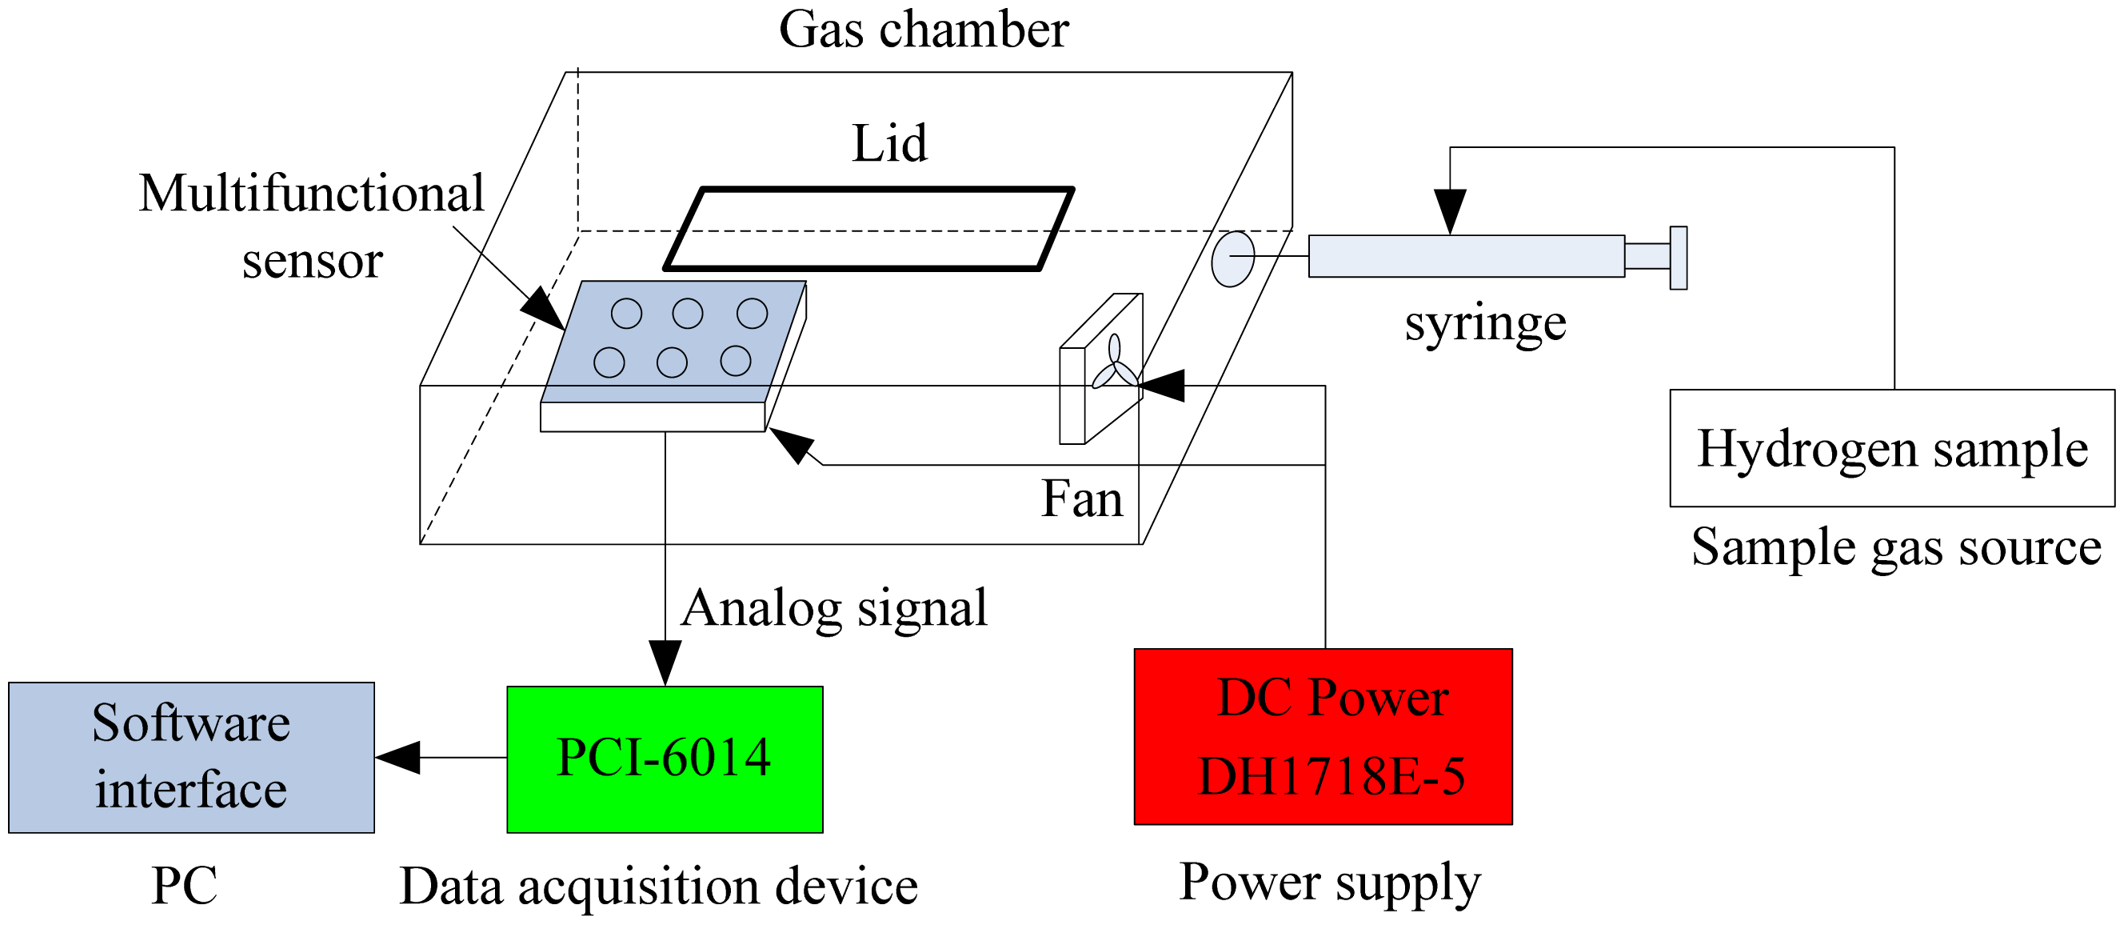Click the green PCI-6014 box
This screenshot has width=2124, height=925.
point(664,759)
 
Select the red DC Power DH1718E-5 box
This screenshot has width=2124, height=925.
point(1323,737)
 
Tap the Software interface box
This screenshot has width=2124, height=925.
point(191,758)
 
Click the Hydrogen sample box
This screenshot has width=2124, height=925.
point(1891,448)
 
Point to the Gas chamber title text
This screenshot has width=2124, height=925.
point(924,30)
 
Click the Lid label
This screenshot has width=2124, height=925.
point(888,143)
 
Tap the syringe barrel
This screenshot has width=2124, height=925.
point(1466,256)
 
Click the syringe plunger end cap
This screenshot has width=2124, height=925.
point(1678,258)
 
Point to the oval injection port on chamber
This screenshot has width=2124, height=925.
point(1232,258)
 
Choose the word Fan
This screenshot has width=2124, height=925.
point(1081,499)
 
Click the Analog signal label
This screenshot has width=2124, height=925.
point(832,608)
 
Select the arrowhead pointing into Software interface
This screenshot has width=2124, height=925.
point(398,758)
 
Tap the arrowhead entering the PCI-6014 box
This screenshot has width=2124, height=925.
point(665,663)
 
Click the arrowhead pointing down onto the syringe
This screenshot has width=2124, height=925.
point(1450,211)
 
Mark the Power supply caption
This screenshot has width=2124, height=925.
point(1329,882)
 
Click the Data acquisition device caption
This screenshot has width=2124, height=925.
point(658,887)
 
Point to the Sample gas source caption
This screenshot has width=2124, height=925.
point(1895,547)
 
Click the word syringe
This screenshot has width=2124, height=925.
point(1485,323)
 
